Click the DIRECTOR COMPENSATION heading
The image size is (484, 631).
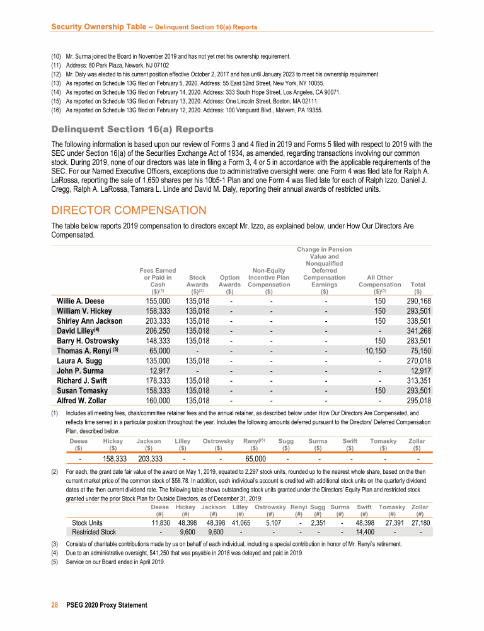click(129, 209)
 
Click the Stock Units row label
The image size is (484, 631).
click(88, 522)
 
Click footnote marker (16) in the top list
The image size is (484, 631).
click(56, 110)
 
